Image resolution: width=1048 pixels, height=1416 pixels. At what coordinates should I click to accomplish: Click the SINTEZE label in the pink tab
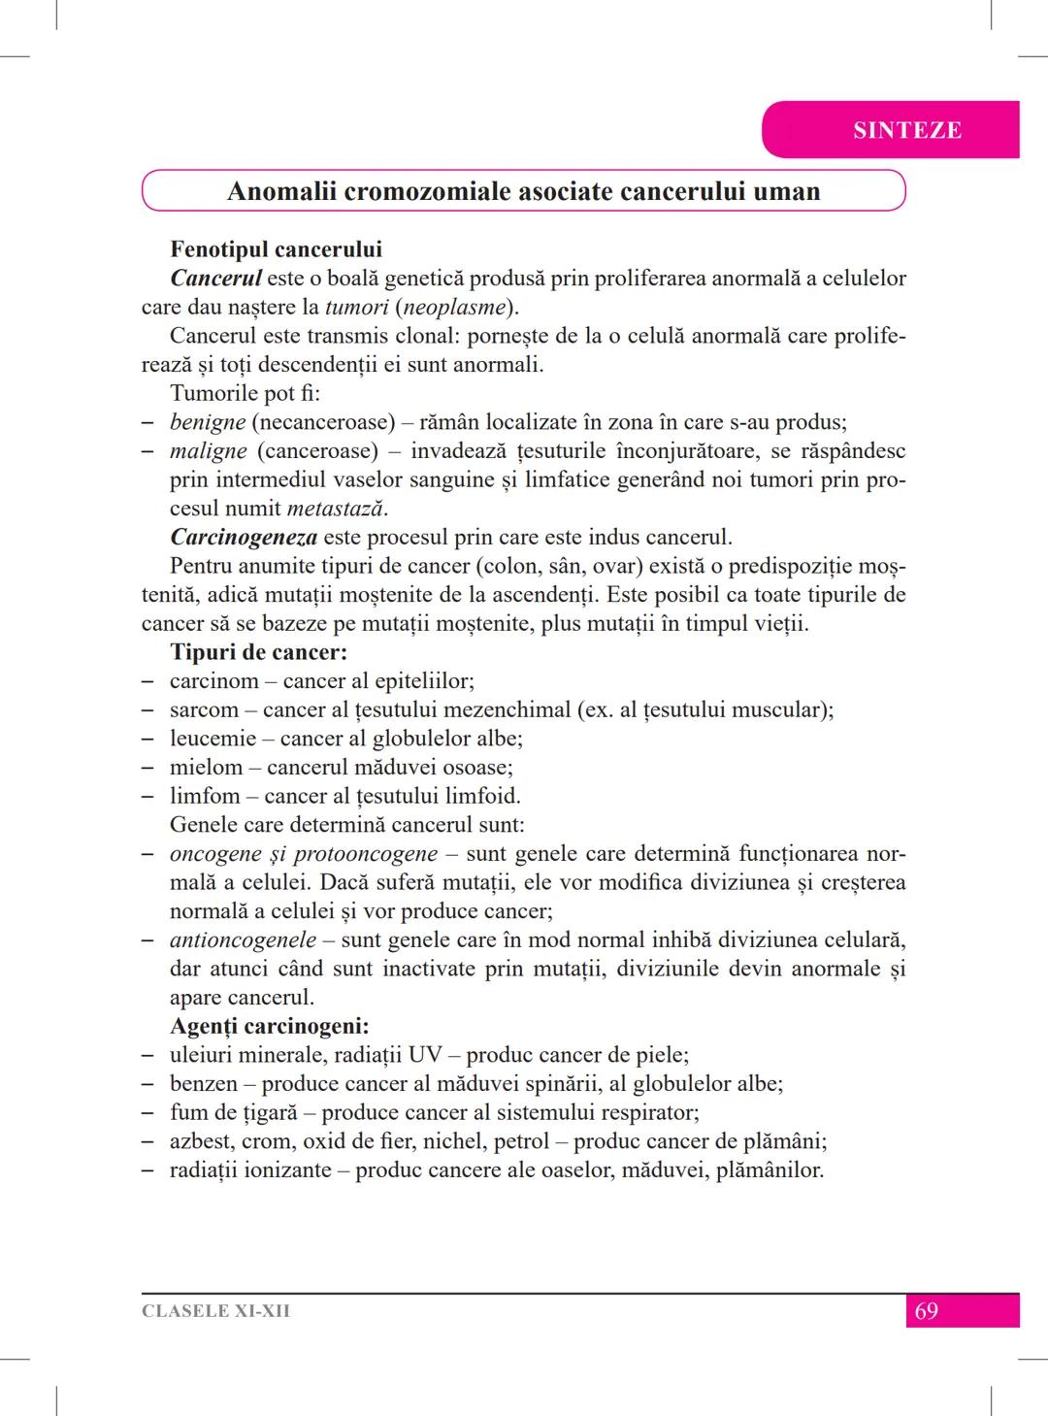906,130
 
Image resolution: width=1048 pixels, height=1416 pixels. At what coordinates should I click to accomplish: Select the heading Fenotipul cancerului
276,249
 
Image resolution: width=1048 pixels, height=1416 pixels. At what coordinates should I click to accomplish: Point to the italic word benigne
208,422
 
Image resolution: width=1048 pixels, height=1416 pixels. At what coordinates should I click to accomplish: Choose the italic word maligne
208,451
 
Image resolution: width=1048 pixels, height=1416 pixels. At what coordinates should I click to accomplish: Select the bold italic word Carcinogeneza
244,538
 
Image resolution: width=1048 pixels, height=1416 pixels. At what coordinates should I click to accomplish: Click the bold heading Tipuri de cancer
258,652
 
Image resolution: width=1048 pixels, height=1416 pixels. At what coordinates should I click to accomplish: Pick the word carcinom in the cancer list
213,681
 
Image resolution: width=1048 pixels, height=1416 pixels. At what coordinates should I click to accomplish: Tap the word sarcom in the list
204,710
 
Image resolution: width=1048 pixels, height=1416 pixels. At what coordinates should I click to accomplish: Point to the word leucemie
213,739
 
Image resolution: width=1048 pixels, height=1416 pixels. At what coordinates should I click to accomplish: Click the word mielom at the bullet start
206,768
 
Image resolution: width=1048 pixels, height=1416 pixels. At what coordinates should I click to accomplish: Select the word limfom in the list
204,797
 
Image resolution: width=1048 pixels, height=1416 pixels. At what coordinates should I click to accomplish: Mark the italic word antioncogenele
243,940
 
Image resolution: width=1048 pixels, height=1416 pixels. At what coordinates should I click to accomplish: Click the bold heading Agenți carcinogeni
269,1026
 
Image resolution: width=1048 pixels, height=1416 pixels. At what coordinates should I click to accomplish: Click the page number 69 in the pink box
927,1311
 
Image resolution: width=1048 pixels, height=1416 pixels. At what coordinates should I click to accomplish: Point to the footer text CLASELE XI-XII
215,1311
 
